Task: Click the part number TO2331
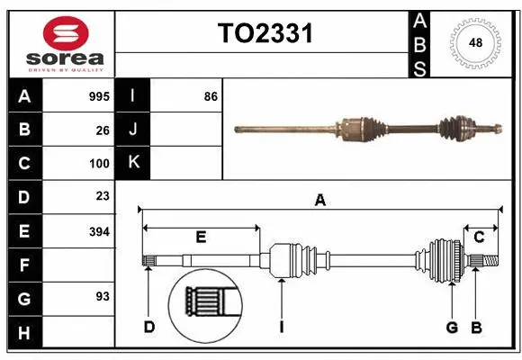(x=265, y=34)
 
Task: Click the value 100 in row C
(x=99, y=164)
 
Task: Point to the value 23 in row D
(x=103, y=196)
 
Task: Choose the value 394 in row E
(x=99, y=231)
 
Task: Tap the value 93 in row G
(x=103, y=296)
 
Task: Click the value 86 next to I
(x=211, y=96)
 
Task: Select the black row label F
(x=24, y=265)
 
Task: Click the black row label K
(x=133, y=163)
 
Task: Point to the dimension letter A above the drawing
(x=319, y=201)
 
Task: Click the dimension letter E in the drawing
(x=202, y=237)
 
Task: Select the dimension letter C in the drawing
(x=480, y=237)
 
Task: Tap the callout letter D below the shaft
(x=148, y=327)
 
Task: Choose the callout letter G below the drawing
(x=452, y=327)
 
